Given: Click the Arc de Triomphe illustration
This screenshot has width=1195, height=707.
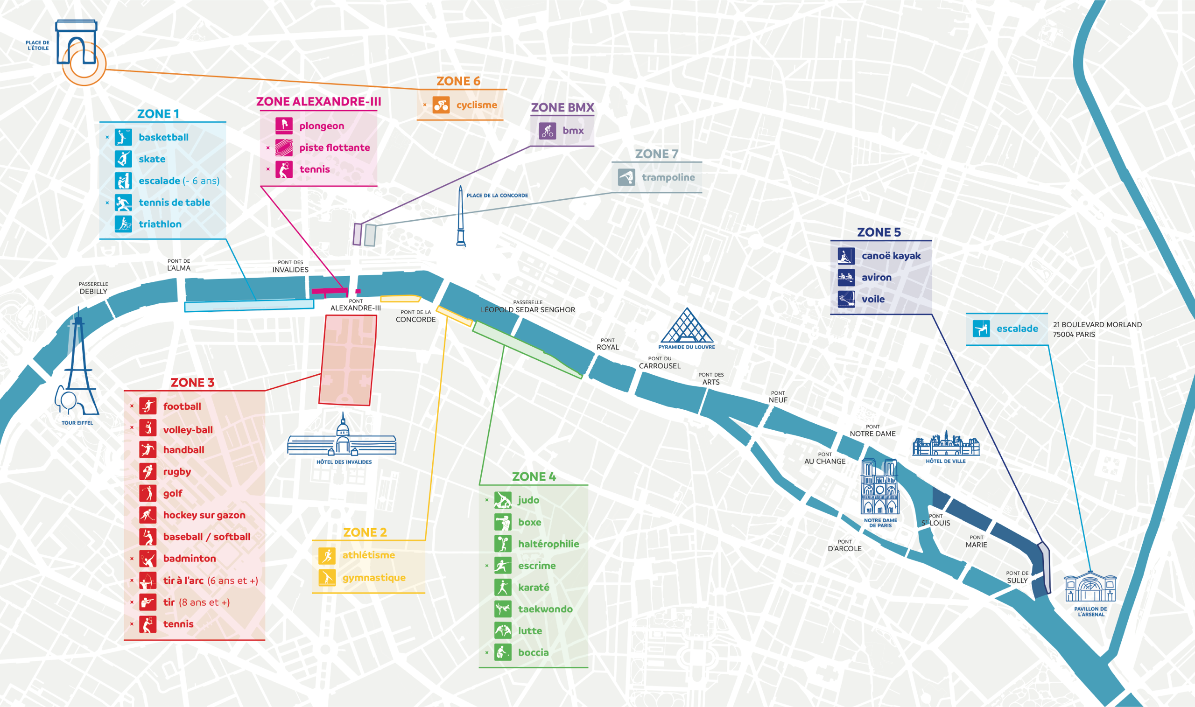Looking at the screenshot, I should [x=77, y=43].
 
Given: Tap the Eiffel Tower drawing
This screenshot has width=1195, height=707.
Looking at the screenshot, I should [x=77, y=367].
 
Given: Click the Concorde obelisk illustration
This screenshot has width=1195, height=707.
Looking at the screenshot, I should [x=461, y=217].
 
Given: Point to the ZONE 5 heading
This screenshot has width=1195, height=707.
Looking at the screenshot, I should [x=879, y=232].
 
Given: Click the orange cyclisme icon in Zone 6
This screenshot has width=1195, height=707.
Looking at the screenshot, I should [x=441, y=105].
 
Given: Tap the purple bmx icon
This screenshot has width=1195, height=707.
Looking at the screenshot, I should [x=548, y=131].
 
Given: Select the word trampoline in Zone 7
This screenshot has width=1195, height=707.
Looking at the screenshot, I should [x=668, y=177].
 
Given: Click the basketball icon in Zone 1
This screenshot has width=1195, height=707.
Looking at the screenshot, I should [x=123, y=137].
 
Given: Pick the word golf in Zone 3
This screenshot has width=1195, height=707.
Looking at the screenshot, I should [x=173, y=493].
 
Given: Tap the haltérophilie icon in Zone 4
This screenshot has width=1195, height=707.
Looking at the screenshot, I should [x=503, y=544].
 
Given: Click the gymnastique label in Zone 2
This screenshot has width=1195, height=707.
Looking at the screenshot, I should [x=373, y=577].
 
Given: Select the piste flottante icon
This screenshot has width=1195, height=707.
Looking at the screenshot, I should [x=284, y=147].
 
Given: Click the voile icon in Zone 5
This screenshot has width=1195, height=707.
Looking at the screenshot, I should [x=846, y=299].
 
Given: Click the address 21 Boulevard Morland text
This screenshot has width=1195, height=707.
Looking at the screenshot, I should [x=1097, y=329].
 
